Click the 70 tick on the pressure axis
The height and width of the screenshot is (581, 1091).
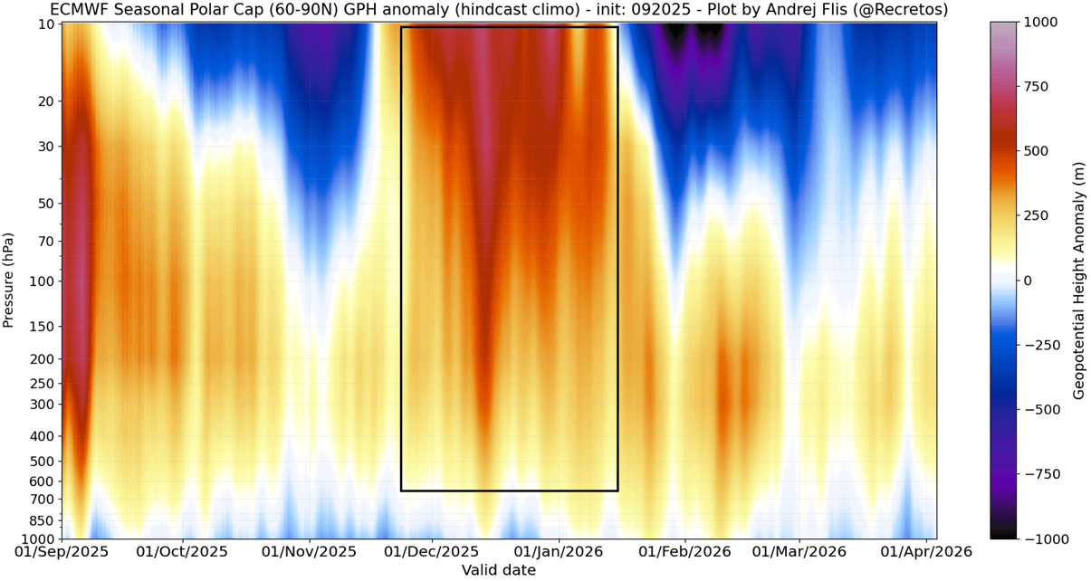click(x=47, y=241)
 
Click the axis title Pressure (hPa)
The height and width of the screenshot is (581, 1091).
click(x=9, y=281)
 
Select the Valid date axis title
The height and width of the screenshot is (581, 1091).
click(x=498, y=570)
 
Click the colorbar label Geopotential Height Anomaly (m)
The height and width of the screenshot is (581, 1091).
click(x=1079, y=281)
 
